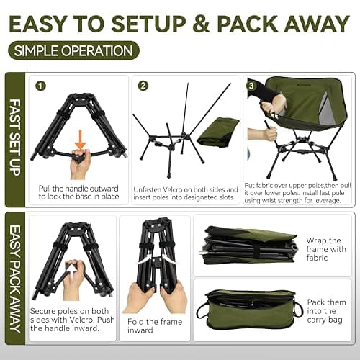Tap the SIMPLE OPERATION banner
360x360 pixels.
73,51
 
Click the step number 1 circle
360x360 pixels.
42,86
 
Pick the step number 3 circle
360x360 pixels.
251,86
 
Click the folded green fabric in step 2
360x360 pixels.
218,130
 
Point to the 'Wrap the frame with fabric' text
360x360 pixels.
326,249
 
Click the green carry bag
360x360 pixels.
248,310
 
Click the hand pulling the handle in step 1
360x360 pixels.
80,164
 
